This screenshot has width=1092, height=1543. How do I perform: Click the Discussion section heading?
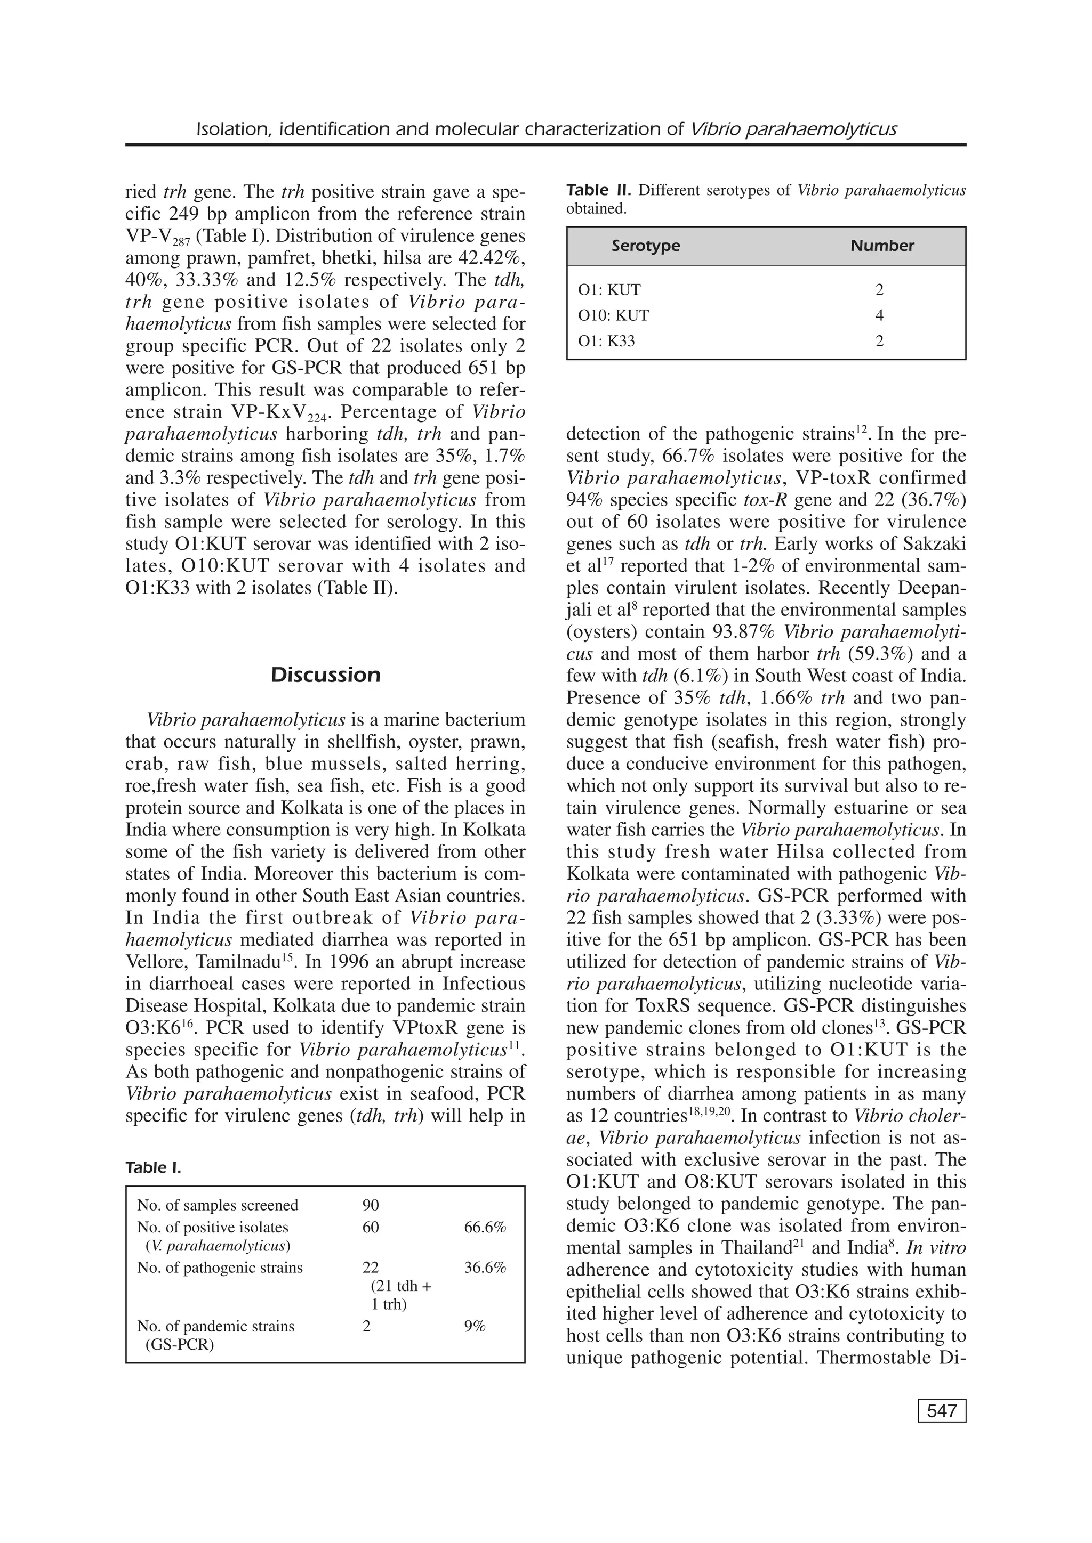325,675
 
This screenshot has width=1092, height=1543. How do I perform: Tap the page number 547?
942,1411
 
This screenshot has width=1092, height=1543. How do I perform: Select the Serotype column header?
646,246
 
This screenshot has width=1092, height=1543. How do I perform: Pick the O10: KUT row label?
613,315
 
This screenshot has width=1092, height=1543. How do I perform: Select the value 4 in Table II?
879,315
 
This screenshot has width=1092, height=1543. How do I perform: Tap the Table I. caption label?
154,1167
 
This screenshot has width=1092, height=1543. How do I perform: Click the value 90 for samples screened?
371,1205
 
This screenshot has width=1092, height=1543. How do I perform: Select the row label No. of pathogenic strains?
220,1268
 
